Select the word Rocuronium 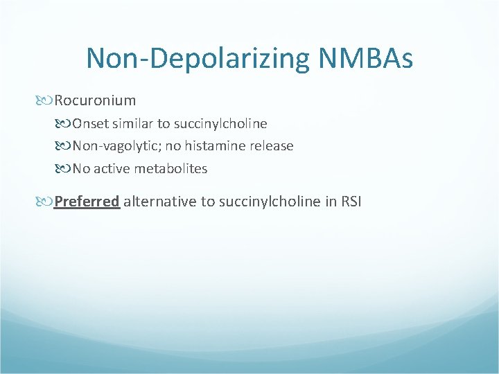pos(95,101)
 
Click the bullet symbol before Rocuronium pos(47,101)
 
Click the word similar pos(130,124)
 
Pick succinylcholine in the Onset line pos(218,124)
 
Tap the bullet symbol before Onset pos(65,124)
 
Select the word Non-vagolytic pos(110,146)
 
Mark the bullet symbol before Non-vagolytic pos(65,146)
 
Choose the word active pos(110,168)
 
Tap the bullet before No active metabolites pos(65,168)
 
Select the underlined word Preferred pos(87,202)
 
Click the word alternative pos(157,202)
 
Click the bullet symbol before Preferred pos(47,202)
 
